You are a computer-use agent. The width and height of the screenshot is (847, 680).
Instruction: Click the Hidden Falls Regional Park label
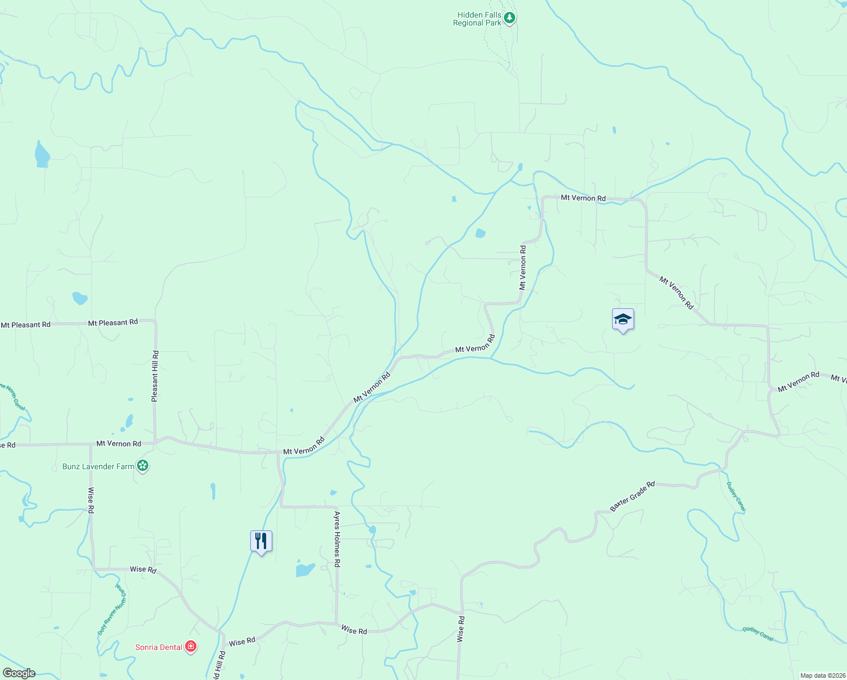(477, 19)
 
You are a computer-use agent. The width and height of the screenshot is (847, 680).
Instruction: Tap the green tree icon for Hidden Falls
(510, 18)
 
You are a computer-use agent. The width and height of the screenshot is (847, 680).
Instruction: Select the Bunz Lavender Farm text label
(99, 466)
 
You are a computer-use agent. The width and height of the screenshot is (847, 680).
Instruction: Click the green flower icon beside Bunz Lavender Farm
(143, 466)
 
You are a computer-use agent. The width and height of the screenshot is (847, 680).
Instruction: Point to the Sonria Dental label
(159, 647)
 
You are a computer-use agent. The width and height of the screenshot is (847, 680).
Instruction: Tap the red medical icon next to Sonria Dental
(191, 646)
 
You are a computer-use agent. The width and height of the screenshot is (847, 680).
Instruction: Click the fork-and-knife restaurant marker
(261, 542)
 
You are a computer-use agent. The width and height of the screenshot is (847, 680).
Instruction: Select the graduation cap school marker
(623, 320)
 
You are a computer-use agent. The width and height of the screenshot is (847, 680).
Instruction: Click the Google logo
(19, 673)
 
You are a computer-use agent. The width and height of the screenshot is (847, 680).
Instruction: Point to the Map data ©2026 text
(822, 675)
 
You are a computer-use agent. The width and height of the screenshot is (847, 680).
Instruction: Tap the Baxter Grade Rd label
(632, 496)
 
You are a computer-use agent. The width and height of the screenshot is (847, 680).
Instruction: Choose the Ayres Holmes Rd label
(337, 539)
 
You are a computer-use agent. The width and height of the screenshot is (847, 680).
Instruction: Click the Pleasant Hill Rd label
(155, 376)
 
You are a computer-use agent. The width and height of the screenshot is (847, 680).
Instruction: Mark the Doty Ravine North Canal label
(111, 609)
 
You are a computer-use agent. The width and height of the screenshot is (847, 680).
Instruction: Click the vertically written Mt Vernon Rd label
(523, 267)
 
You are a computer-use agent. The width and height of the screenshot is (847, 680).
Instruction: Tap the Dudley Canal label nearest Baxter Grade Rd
(736, 497)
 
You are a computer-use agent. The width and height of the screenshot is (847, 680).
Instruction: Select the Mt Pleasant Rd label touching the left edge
(25, 325)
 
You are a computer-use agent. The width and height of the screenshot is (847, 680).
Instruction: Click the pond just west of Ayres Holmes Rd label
(305, 569)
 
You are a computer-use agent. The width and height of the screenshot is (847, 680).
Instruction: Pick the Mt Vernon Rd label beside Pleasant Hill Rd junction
(119, 444)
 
